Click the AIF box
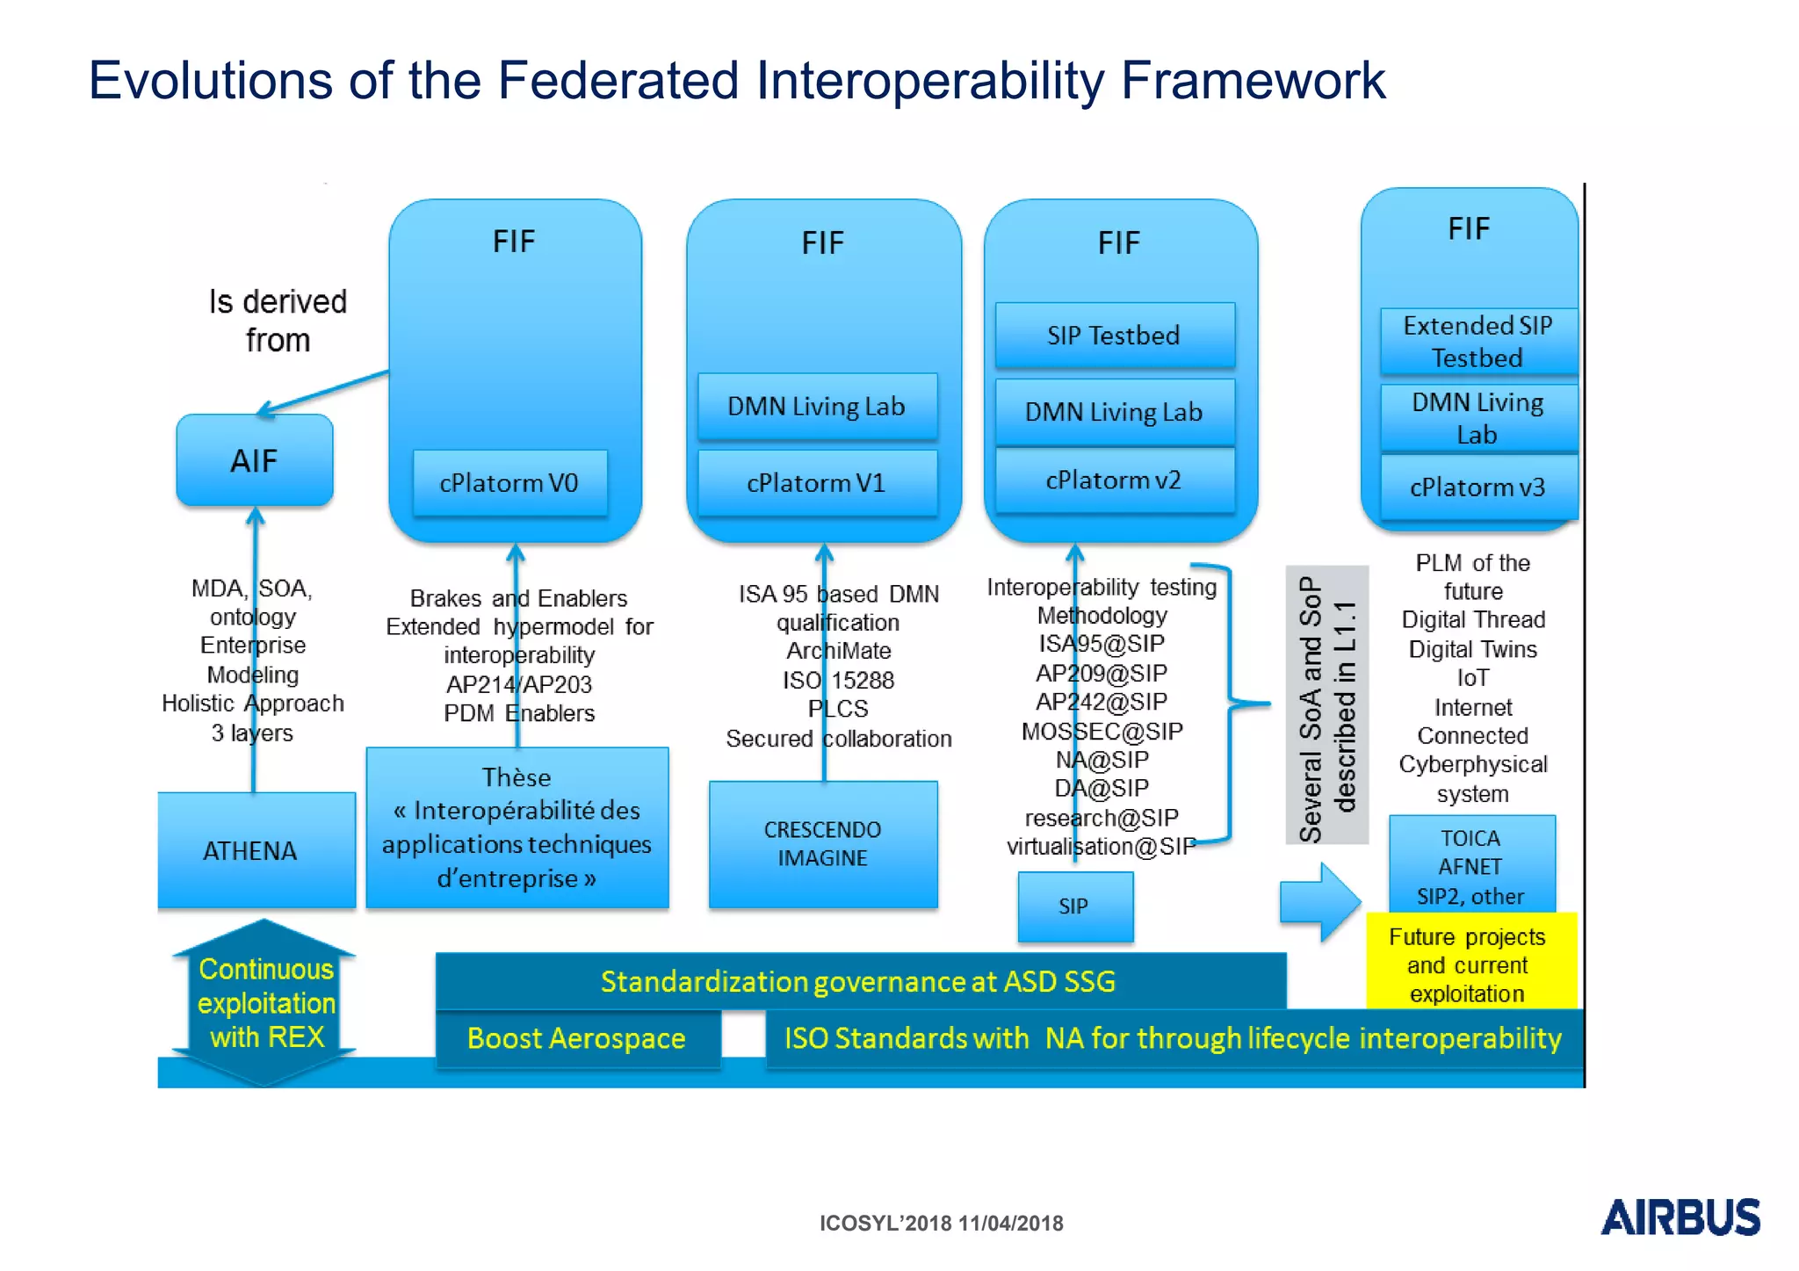point(254,460)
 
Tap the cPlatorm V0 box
point(509,483)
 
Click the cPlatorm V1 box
point(817,483)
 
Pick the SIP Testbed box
point(1114,335)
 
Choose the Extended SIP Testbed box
point(1477,342)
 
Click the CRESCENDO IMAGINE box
point(823,844)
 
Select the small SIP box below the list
point(1074,906)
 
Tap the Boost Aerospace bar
point(577,1038)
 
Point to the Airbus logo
point(1680,1217)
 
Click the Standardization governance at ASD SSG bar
point(859,981)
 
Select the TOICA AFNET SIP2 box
point(1470,866)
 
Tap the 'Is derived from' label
point(278,321)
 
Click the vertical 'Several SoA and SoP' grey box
point(1326,705)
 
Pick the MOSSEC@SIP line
point(1102,731)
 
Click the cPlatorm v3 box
point(1477,487)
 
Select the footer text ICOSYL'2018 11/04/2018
point(941,1223)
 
